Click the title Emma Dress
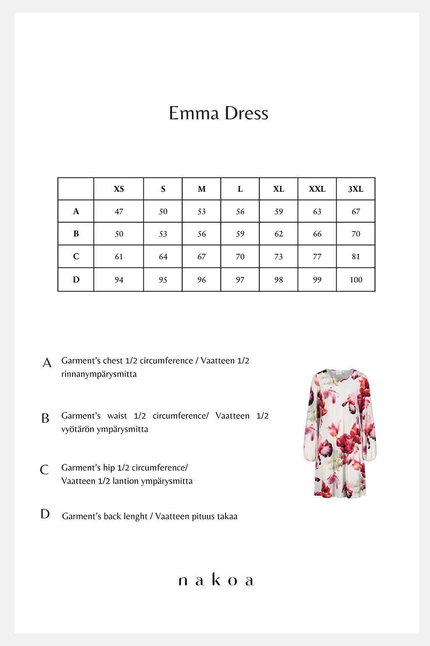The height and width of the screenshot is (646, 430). pyautogui.click(x=218, y=113)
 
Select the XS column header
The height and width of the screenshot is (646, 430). pyautogui.click(x=119, y=189)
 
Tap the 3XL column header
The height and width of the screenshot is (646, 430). pyautogui.click(x=356, y=189)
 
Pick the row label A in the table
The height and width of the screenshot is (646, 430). pyautogui.click(x=76, y=211)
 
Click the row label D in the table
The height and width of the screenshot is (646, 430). pyautogui.click(x=76, y=279)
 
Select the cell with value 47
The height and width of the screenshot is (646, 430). pyautogui.click(x=119, y=211)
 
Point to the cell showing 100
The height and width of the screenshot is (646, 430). pyautogui.click(x=356, y=280)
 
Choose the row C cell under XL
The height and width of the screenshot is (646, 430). pyautogui.click(x=278, y=257)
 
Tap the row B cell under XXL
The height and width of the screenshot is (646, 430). pyautogui.click(x=317, y=234)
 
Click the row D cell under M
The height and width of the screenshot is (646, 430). pyautogui.click(x=202, y=280)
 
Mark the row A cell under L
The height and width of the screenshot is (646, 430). pyautogui.click(x=240, y=211)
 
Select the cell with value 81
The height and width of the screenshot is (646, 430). pyautogui.click(x=356, y=257)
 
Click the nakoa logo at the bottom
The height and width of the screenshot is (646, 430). pyautogui.click(x=216, y=580)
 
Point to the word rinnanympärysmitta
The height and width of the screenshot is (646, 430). pyautogui.click(x=99, y=374)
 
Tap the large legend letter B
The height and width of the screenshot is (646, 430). pyautogui.click(x=45, y=418)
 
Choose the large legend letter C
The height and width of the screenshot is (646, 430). pyautogui.click(x=44, y=470)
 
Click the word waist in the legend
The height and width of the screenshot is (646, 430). pyautogui.click(x=117, y=416)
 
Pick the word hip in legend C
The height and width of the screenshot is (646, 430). pyautogui.click(x=109, y=468)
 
